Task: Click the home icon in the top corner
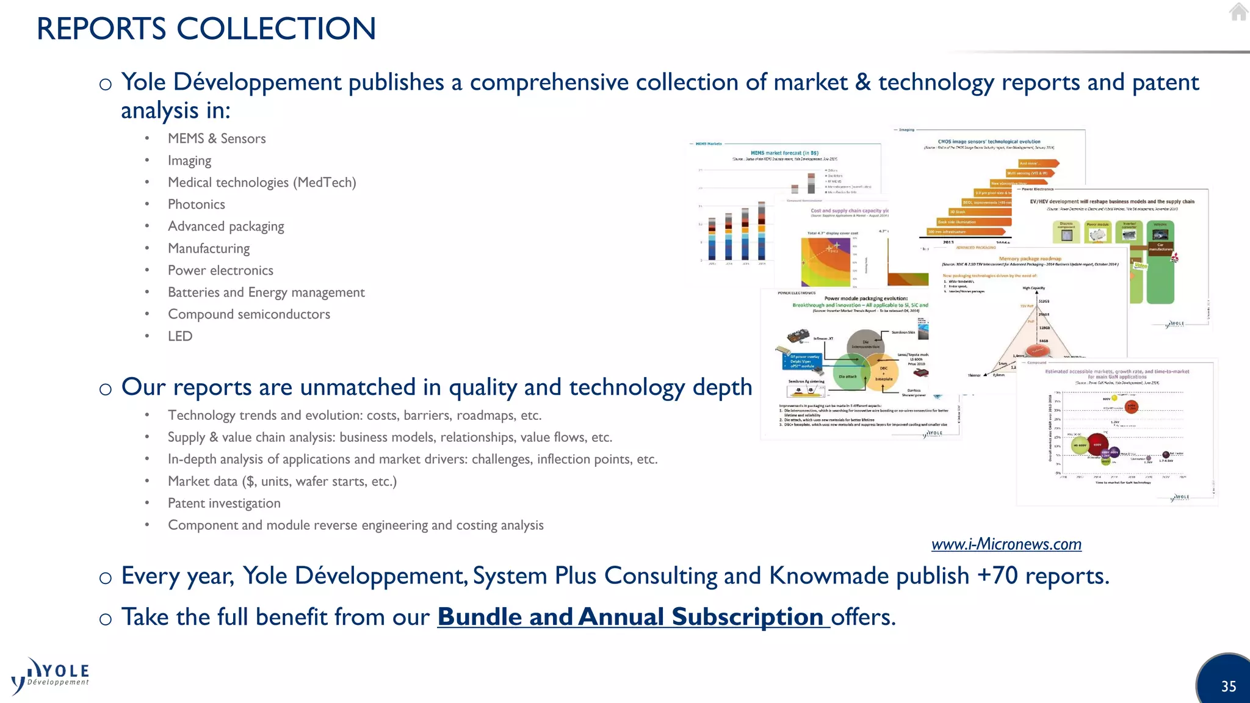[x=1238, y=12]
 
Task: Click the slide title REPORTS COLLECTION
[x=206, y=29]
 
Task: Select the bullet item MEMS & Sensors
[x=217, y=139]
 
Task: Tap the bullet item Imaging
[x=189, y=160]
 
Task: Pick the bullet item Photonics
[x=196, y=204]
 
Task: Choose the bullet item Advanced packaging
[x=226, y=226]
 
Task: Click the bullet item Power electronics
[x=220, y=270]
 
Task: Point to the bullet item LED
[x=180, y=336]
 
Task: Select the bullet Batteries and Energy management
[x=266, y=292]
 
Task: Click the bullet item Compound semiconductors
[x=249, y=314]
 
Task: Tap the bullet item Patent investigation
[x=224, y=503]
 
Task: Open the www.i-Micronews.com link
[x=1006, y=544]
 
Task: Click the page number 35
[x=1228, y=687]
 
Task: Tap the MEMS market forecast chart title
[x=784, y=153]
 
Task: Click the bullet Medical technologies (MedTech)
[x=262, y=182]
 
